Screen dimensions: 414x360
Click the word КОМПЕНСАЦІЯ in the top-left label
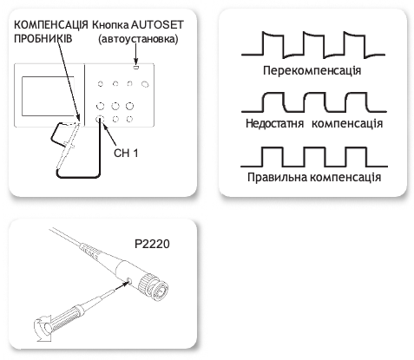pyautogui.click(x=51, y=25)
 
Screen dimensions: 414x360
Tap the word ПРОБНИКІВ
pyautogui.click(x=43, y=39)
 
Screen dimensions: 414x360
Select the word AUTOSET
pyautogui.click(x=157, y=25)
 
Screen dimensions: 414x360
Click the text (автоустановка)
pyautogui.click(x=138, y=39)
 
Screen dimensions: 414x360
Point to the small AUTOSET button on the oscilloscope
pyautogui.click(x=136, y=68)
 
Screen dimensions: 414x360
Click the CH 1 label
pyautogui.click(x=126, y=153)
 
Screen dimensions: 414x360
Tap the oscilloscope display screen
pyautogui.click(x=48, y=96)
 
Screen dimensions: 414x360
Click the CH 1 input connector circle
pyautogui.click(x=100, y=119)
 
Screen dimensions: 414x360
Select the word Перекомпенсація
pyautogui.click(x=312, y=71)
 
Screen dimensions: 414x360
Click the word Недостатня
pyautogui.click(x=274, y=123)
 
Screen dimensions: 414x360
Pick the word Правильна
pyautogui.click(x=277, y=177)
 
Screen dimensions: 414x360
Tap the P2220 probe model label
pyautogui.click(x=152, y=244)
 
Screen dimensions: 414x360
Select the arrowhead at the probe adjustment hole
pyautogui.click(x=125, y=284)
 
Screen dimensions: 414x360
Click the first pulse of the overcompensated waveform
pyautogui.click(x=273, y=44)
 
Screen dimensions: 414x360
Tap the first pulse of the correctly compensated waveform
pyautogui.click(x=273, y=157)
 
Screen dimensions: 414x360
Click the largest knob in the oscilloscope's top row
pyautogui.click(x=145, y=84)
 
